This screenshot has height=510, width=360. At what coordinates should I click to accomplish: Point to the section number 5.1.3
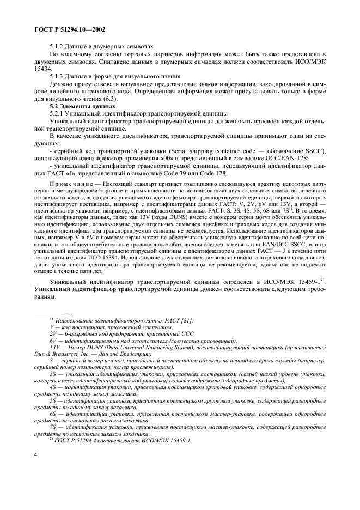point(58,77)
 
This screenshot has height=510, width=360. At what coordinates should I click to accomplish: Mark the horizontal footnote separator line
point(50,314)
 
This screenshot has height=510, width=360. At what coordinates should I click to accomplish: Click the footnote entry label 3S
point(53,375)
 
